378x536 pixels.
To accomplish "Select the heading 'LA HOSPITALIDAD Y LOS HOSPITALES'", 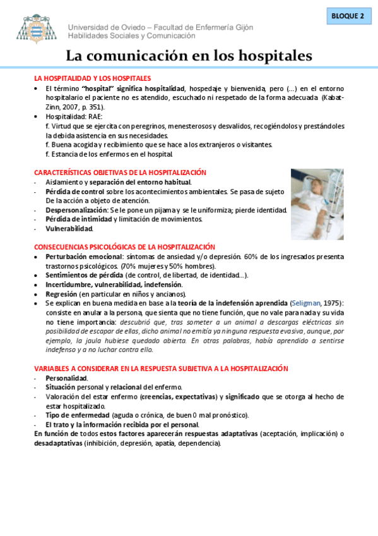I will point(92,78).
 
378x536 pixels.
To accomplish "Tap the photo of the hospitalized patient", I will point(317,204).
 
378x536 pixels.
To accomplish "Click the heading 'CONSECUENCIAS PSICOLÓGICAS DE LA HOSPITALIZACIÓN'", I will point(124,247).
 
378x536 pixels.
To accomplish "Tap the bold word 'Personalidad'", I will point(66,378).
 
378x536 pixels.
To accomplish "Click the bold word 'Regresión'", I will point(61,294).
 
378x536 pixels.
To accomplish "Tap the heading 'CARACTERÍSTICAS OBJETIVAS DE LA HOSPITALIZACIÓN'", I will point(120,173).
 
